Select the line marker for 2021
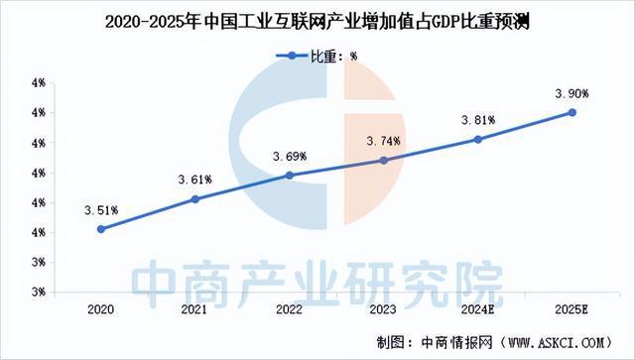pyautogui.click(x=195, y=199)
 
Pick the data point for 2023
pyautogui.click(x=383, y=160)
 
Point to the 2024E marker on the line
pyautogui.click(x=477, y=140)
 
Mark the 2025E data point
pyautogui.click(x=571, y=112)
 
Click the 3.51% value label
pyautogui.click(x=102, y=210)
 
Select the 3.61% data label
pyautogui.click(x=195, y=180)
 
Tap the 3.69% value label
pyautogui.click(x=290, y=156)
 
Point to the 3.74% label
pyautogui.click(x=383, y=141)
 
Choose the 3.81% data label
pyautogui.click(x=477, y=120)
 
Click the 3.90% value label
pyautogui.click(x=571, y=93)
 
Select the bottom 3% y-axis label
pyautogui.click(x=36, y=292)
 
